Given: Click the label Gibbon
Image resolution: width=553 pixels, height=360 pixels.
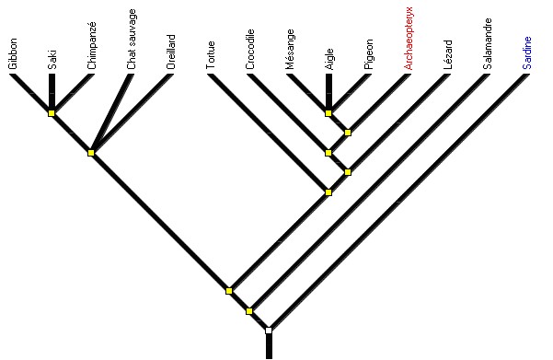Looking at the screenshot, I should pyautogui.click(x=13, y=53).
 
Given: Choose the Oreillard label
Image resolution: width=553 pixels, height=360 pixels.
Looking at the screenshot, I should pyautogui.click(x=171, y=52).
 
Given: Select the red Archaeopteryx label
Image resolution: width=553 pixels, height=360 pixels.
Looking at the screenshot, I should pyautogui.click(x=408, y=39).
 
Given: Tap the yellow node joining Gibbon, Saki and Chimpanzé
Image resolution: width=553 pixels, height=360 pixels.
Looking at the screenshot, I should pyautogui.click(x=52, y=113).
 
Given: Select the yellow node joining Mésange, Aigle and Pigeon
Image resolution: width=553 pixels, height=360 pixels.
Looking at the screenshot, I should pyautogui.click(x=328, y=113).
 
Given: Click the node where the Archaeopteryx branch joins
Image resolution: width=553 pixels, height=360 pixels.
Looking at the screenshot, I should pyautogui.click(x=348, y=133).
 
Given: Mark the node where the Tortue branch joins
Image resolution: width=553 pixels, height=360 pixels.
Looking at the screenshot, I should pyautogui.click(x=328, y=192).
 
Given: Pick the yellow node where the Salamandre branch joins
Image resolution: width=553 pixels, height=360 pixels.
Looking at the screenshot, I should pyautogui.click(x=248, y=311).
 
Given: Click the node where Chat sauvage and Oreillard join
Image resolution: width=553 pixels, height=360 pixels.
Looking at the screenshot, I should pyautogui.click(x=91, y=153).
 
